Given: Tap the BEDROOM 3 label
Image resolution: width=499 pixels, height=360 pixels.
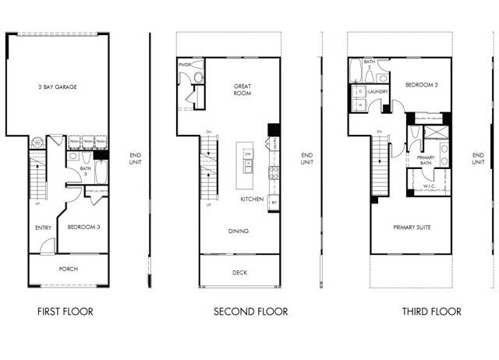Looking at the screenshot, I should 83,227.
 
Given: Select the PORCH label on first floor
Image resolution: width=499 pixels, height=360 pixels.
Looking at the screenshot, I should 68,269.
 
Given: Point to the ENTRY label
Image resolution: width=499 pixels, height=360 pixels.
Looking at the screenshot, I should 44,228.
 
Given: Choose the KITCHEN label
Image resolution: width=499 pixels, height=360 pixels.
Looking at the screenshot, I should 251,199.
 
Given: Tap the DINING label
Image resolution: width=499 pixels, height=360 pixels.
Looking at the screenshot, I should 239,231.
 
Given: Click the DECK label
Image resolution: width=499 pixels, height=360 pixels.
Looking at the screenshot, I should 239,273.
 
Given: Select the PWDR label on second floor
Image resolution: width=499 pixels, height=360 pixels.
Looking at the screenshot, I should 185,65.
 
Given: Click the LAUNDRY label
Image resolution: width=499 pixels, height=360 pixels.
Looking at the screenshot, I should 379,91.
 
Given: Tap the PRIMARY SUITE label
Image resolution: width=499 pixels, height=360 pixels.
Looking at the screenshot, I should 412,227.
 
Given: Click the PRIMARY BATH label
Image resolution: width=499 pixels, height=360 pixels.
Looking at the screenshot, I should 426,160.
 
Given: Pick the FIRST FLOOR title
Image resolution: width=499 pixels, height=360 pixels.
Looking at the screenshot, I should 65,312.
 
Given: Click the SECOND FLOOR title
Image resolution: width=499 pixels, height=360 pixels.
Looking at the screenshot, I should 251,312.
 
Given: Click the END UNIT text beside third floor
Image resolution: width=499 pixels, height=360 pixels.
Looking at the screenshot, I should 478,158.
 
